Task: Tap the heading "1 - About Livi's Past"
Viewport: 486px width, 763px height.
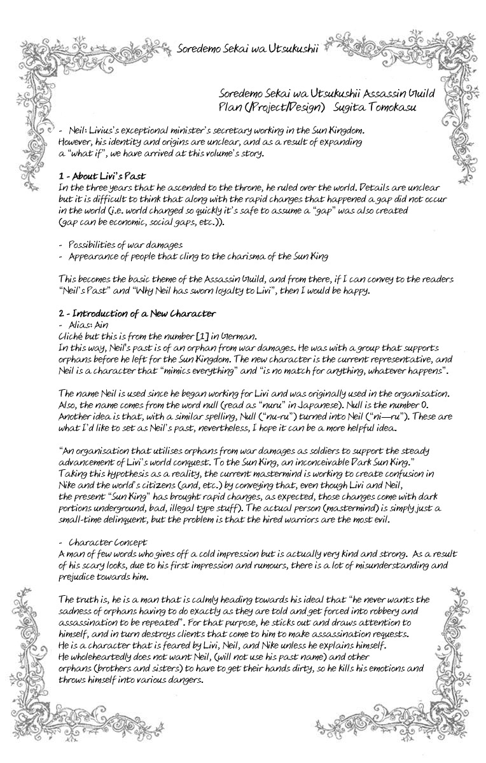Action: [x=102, y=176]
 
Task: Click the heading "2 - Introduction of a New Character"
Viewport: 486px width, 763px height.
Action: [x=137, y=313]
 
